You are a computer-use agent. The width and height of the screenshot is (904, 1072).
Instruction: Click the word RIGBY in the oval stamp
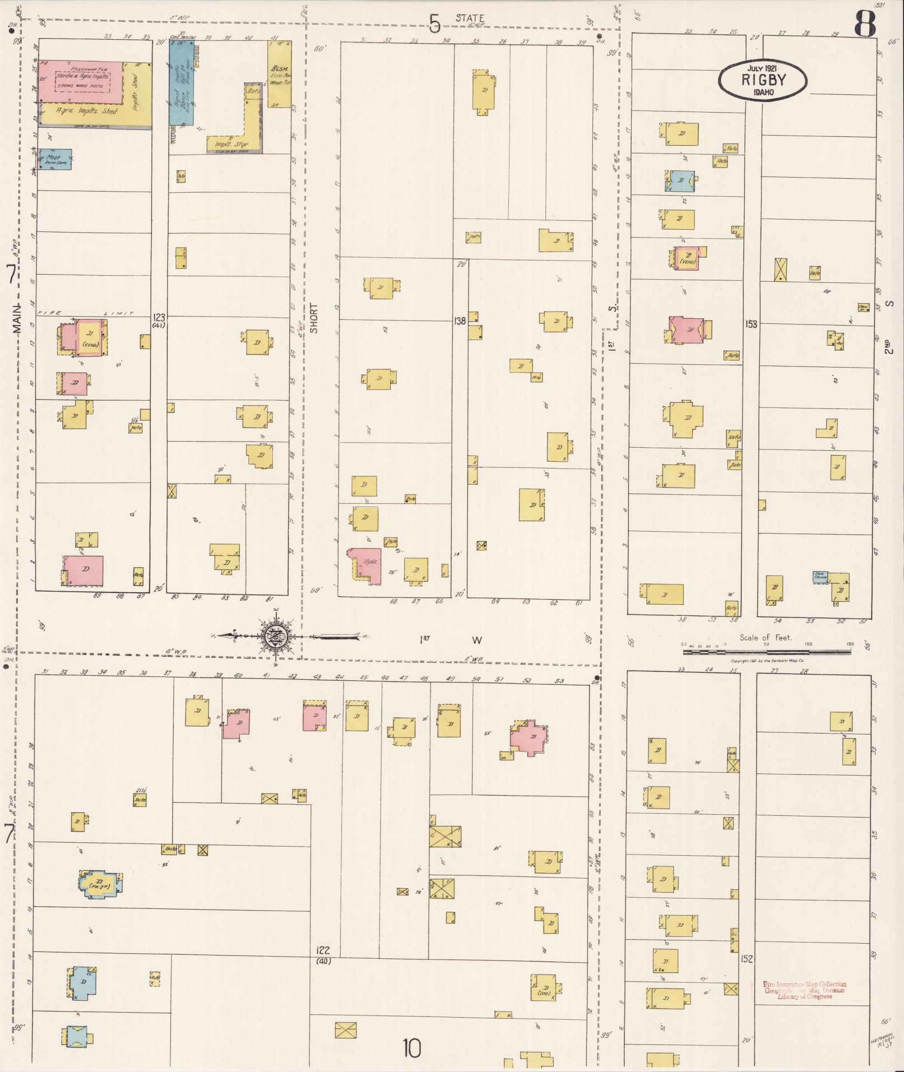(x=763, y=79)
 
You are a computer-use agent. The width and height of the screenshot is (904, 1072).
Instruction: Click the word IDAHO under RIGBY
(x=763, y=91)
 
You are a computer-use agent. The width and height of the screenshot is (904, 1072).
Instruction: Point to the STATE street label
(x=470, y=18)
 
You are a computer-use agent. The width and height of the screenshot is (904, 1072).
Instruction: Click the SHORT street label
(x=314, y=318)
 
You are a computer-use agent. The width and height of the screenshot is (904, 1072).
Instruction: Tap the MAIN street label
(x=17, y=319)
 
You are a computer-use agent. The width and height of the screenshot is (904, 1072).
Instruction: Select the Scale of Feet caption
(x=765, y=638)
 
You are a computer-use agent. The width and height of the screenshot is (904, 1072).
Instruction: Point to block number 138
(x=460, y=321)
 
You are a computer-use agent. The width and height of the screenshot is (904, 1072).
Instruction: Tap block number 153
(x=751, y=323)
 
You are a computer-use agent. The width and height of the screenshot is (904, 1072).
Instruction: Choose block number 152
(x=746, y=959)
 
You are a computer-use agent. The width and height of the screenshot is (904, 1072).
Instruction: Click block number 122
(x=323, y=950)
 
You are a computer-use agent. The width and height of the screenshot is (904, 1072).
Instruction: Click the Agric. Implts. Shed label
(x=86, y=112)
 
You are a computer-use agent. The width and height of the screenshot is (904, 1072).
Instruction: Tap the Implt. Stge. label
(x=228, y=144)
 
